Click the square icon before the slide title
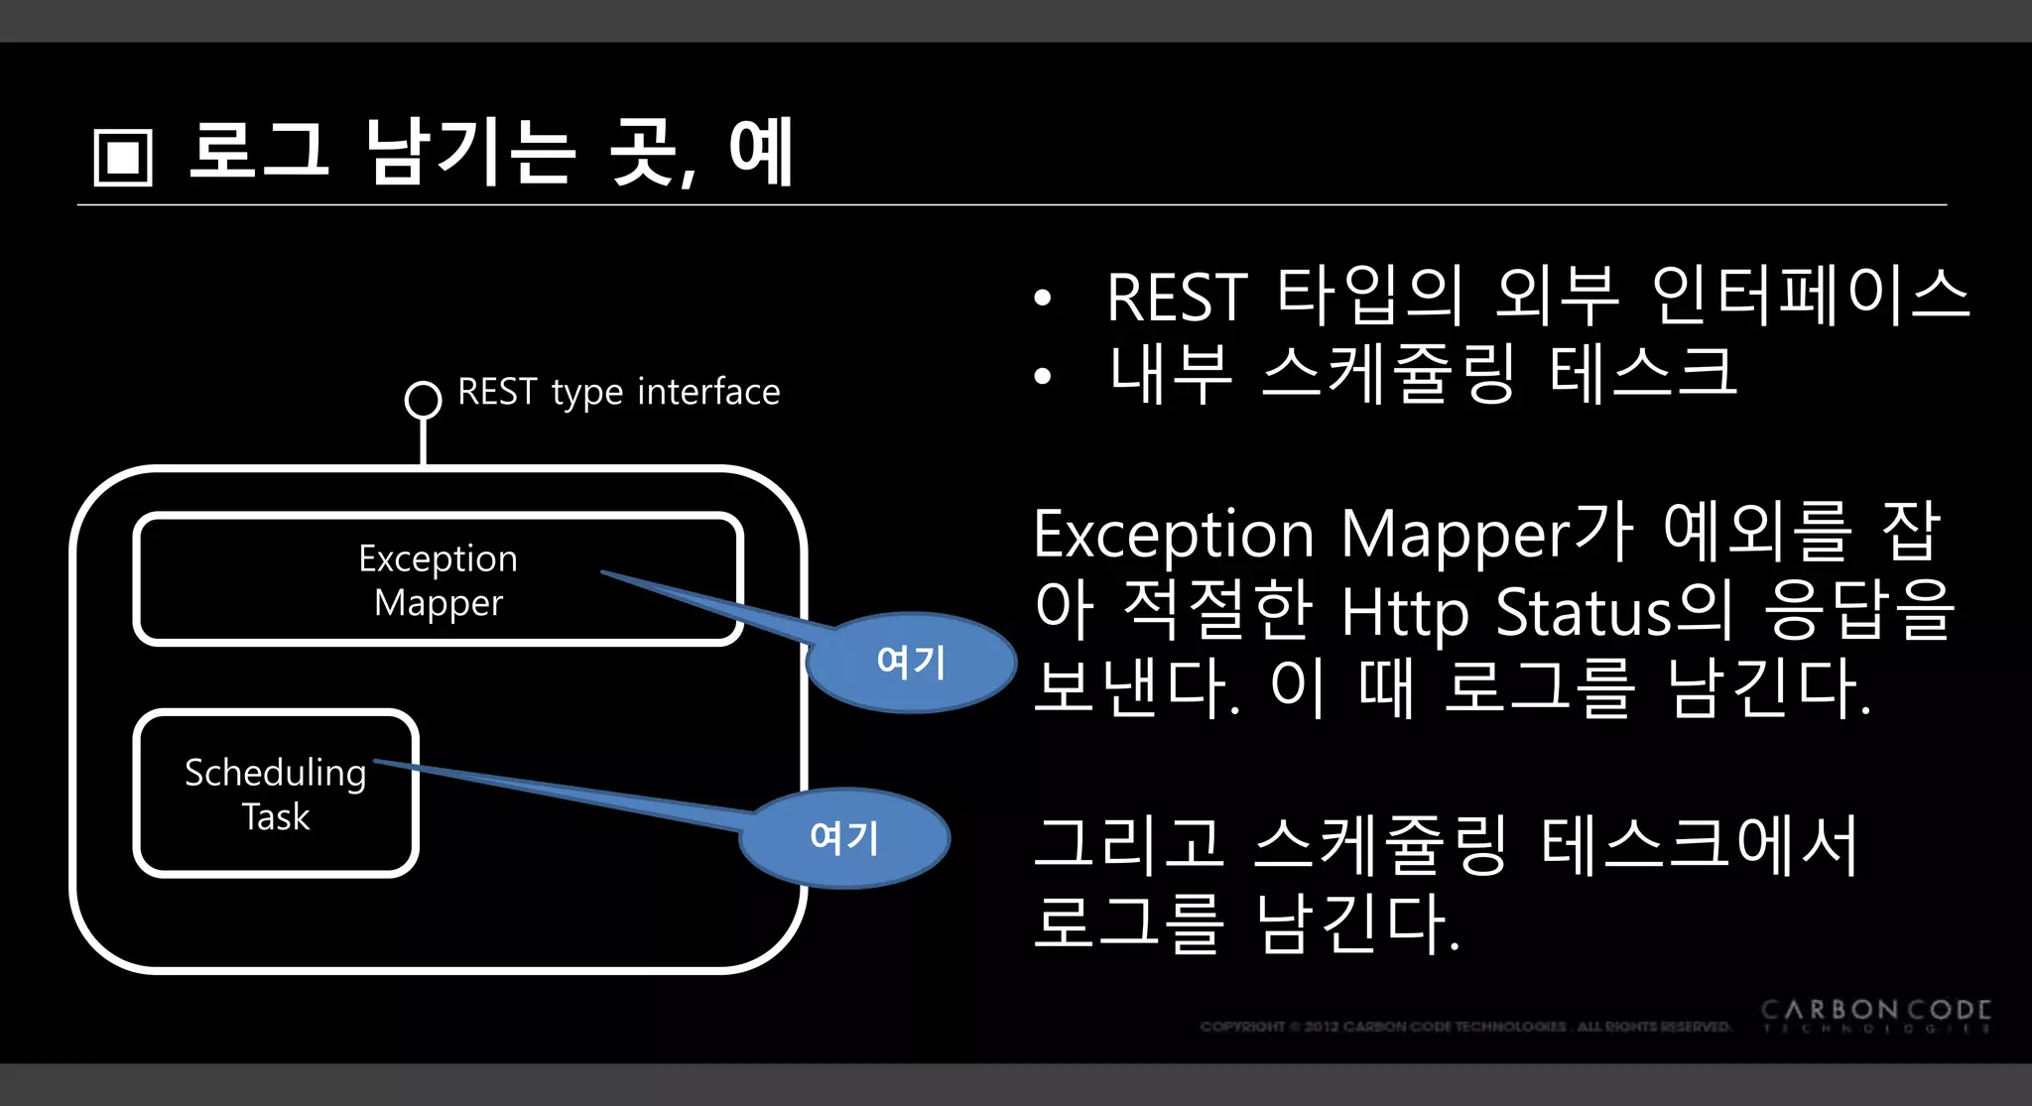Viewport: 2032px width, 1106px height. tap(123, 157)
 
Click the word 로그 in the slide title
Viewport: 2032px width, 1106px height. tap(258, 151)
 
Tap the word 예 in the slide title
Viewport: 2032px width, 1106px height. tap(761, 151)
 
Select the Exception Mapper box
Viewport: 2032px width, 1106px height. tap(438, 580)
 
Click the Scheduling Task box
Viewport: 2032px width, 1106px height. tap(276, 794)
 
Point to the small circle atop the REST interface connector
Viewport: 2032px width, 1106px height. tap(424, 400)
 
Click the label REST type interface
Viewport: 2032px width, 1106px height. tap(618, 392)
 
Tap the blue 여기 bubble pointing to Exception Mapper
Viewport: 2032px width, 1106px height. tap(911, 662)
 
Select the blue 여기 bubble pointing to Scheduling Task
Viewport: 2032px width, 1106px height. tap(844, 838)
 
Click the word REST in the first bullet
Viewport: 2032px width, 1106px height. tap(1177, 298)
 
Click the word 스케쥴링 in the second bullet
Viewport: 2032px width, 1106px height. tap(1389, 374)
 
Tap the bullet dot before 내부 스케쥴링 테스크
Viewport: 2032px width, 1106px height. tap(1042, 376)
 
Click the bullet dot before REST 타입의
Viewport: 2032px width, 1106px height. tap(1042, 298)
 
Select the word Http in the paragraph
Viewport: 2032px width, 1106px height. tap(1404, 612)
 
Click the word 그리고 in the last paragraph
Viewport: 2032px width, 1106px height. tap(1128, 845)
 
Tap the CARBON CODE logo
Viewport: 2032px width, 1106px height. tap(1875, 1015)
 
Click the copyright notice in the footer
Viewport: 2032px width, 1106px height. tap(1464, 1027)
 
